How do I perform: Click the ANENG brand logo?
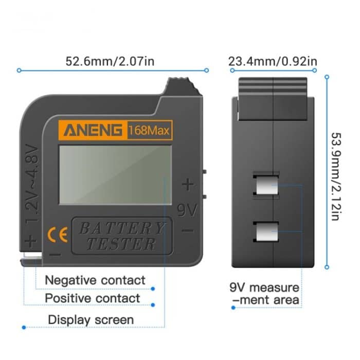click(x=93, y=130)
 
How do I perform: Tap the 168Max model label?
click(x=149, y=130)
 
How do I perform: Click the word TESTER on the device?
click(x=121, y=244)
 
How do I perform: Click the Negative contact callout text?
click(x=95, y=280)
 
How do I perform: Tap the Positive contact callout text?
click(x=93, y=298)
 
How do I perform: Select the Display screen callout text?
click(x=91, y=319)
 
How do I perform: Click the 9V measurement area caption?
click(x=264, y=293)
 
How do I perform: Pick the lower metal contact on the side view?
click(x=266, y=232)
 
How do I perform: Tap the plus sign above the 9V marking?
click(x=188, y=184)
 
